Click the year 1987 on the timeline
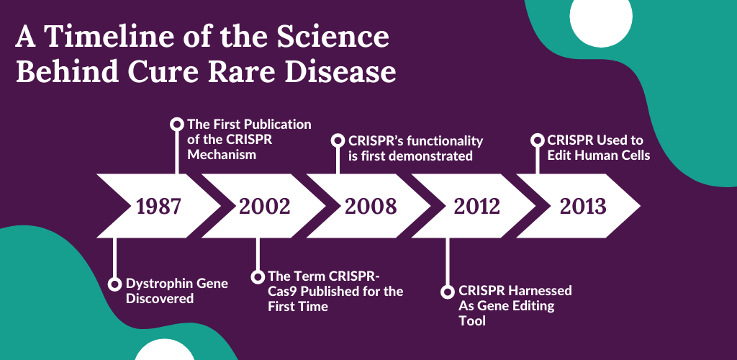159,207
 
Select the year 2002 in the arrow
265,207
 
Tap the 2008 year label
371,207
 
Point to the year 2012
476,207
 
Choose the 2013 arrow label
583,207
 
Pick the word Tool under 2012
472,321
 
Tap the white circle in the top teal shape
601,17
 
